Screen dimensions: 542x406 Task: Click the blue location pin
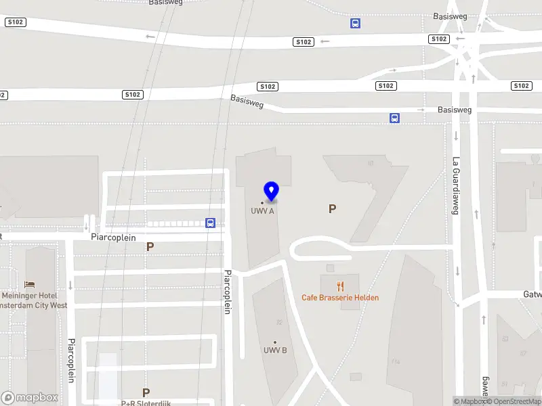click(272, 191)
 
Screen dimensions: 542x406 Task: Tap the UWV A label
click(262, 210)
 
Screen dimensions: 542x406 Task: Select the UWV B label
click(275, 350)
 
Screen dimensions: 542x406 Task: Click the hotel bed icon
click(29, 284)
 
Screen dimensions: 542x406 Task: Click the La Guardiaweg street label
click(456, 185)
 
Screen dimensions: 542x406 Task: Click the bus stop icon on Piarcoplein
click(211, 223)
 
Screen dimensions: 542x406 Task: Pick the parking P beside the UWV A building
click(332, 209)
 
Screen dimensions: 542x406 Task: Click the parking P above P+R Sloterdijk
click(146, 392)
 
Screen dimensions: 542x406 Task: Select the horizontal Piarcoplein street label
click(114, 238)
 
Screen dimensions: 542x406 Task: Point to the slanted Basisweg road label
click(247, 101)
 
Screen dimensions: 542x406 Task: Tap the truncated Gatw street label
click(532, 294)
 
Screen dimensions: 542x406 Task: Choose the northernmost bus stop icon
click(355, 23)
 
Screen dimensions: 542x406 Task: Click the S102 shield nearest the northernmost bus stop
click(304, 42)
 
